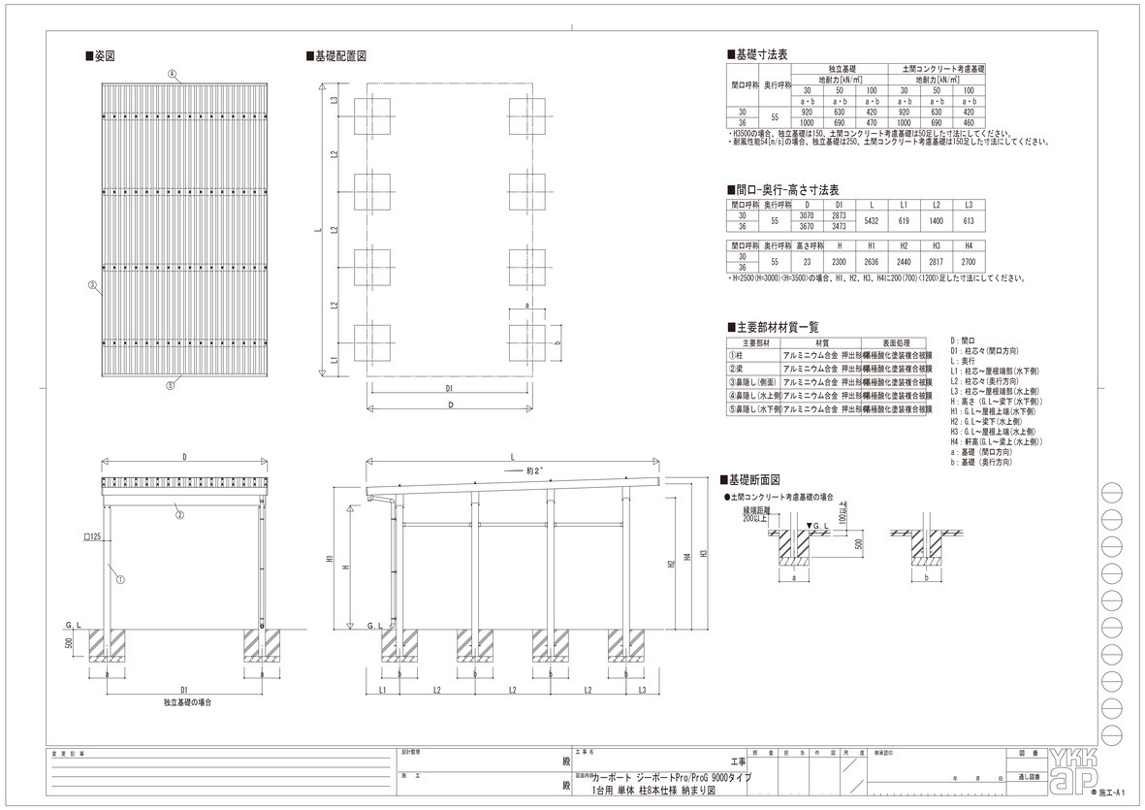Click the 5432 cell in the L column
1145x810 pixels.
click(x=871, y=220)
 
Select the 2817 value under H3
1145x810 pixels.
click(x=937, y=261)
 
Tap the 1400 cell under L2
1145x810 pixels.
click(x=937, y=220)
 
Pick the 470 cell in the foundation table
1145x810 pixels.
click(x=871, y=122)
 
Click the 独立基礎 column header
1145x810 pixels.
click(x=840, y=70)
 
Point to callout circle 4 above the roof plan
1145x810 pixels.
click(x=172, y=74)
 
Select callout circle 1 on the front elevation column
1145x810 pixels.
click(x=120, y=580)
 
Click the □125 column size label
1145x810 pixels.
click(x=93, y=535)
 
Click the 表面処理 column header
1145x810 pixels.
click(x=882, y=342)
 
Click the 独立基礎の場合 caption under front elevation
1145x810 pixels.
click(x=188, y=699)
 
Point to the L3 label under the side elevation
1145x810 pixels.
click(x=643, y=690)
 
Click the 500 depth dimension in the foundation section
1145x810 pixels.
click(x=858, y=544)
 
